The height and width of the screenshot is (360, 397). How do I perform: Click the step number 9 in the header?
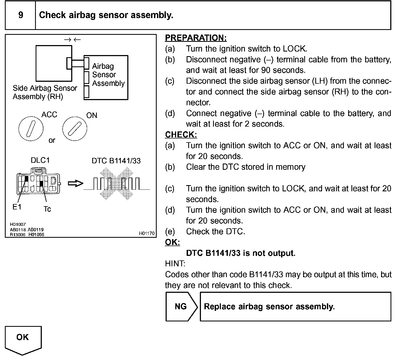20,15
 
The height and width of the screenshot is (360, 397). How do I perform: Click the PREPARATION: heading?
196,38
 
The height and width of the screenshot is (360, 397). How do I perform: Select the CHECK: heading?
181,134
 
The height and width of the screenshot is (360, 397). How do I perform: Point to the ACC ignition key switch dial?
31,129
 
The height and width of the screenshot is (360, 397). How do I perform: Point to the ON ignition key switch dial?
75,129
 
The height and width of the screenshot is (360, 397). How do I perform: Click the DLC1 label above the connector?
40,160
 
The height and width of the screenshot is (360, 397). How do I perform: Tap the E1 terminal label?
17,207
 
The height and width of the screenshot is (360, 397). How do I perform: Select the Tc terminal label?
47,209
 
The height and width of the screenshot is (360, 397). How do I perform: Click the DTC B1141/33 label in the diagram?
116,161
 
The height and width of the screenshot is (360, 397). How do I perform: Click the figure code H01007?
18,224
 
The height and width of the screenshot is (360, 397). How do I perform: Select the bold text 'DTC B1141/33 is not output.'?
241,253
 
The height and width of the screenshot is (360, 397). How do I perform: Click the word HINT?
175,264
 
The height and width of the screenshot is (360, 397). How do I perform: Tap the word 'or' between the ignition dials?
52,140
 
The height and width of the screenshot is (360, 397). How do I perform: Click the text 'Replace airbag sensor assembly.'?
269,307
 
